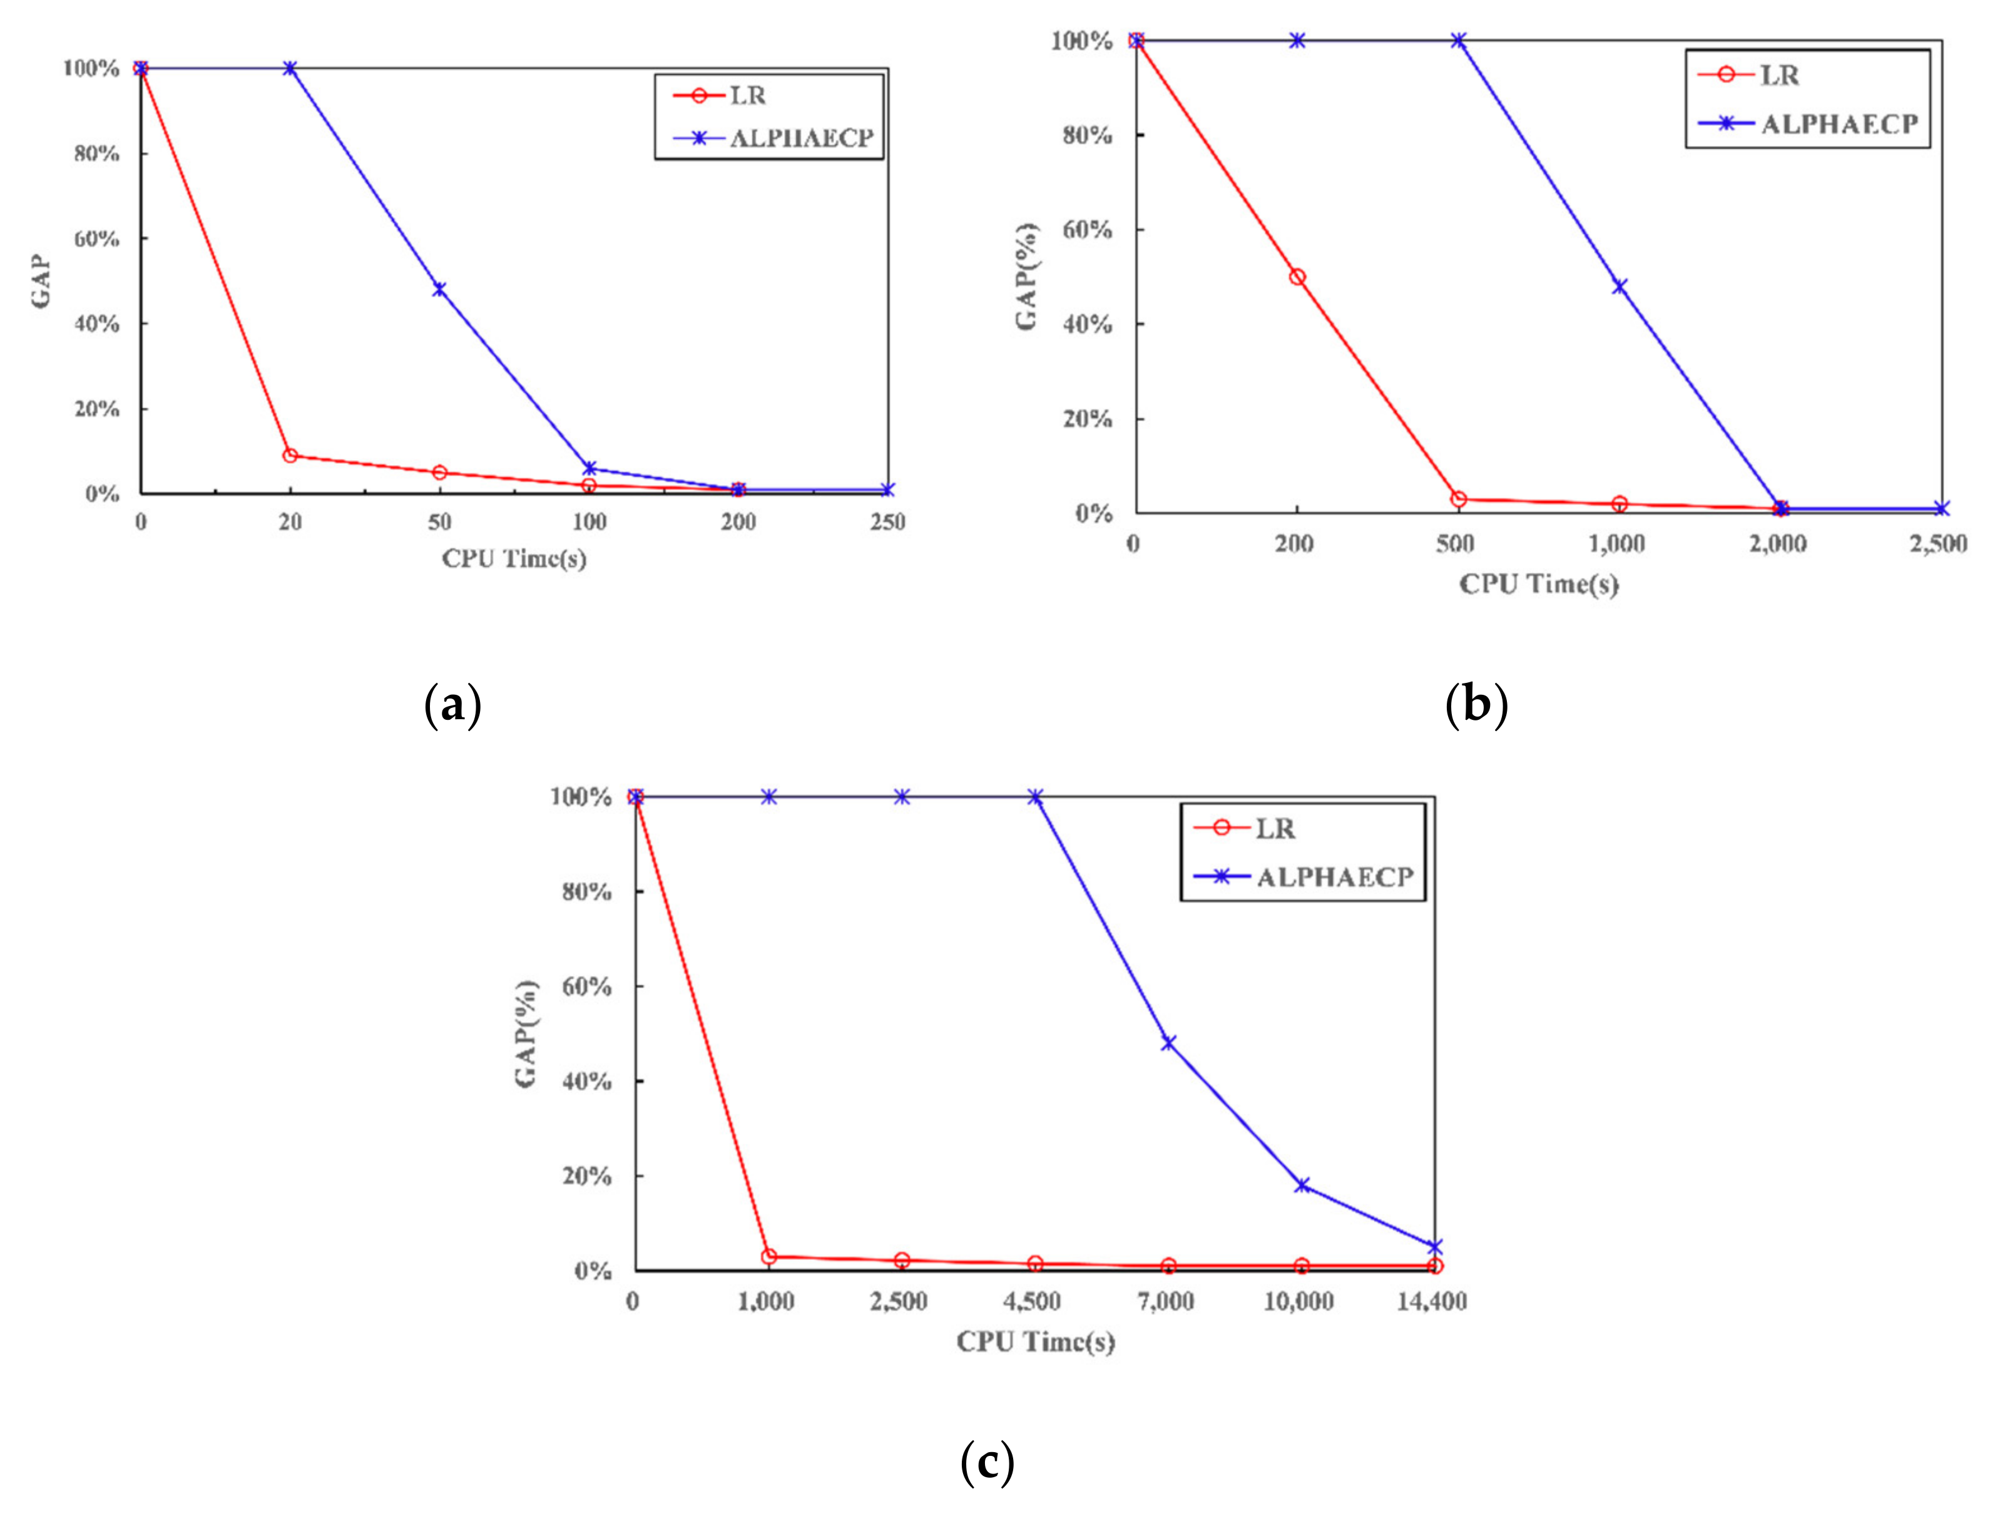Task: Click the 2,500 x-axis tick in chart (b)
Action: pos(1937,544)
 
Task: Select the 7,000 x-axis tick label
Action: pos(1166,1302)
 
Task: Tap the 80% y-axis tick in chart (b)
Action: pos(1087,135)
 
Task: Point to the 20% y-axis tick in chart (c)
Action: pos(586,1176)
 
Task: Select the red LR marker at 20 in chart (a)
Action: pos(290,456)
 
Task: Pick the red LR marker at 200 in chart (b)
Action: pos(1297,277)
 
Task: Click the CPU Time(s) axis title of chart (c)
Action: pos(1035,1342)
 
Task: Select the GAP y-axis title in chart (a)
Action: pos(41,282)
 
